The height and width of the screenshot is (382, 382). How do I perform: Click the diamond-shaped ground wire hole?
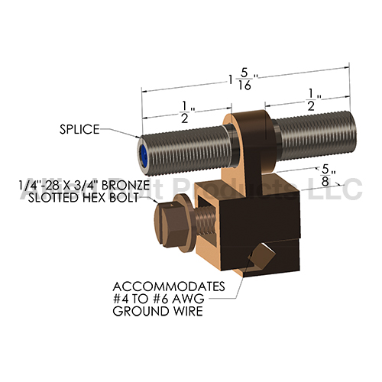tap(262, 254)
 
